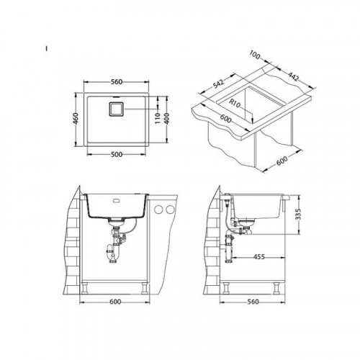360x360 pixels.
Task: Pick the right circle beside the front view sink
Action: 170,210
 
